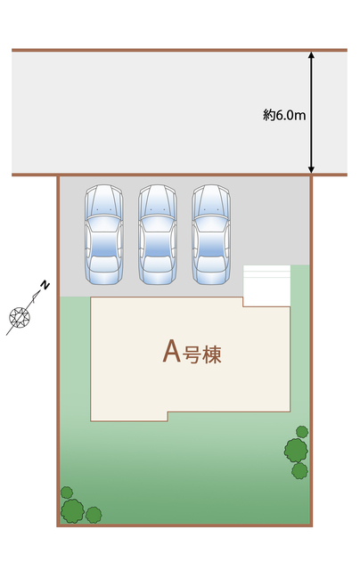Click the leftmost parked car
pos(104,234)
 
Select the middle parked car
pos(158,234)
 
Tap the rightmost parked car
pos(211,234)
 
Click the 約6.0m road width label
pos(284,115)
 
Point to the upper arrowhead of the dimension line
pos(311,55)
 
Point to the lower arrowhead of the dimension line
pos(311,170)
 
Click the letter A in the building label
pos(171,351)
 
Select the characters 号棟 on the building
pos(201,354)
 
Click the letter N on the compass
pos(45,285)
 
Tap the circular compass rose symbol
pos(20,317)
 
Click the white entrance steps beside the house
pos(266,286)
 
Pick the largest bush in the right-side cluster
pos(296,450)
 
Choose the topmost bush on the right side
pos(302,432)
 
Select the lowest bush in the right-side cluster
pos(299,471)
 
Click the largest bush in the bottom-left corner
pos(72,510)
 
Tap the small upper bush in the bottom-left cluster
pos(67,493)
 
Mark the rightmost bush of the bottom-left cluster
pos(94,515)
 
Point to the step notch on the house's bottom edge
pos(168,417)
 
